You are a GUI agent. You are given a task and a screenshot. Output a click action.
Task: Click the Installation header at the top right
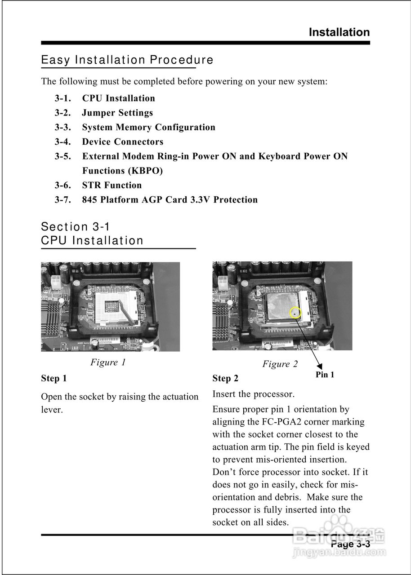click(x=339, y=32)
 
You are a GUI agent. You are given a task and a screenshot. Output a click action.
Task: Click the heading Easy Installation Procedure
click(x=127, y=60)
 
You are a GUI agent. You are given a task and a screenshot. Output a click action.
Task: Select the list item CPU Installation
click(x=118, y=98)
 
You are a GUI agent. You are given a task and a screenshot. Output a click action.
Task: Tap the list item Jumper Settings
click(x=117, y=113)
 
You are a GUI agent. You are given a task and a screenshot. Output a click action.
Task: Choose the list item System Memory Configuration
click(x=148, y=127)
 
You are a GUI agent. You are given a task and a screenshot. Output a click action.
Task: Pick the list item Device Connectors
click(x=122, y=142)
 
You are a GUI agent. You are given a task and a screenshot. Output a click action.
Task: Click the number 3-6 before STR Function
click(x=63, y=185)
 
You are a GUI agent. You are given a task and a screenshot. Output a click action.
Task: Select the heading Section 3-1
click(x=76, y=227)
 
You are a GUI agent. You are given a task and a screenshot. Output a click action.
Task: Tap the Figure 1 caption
click(x=108, y=362)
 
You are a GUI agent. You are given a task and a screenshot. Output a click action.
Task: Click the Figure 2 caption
click(x=280, y=364)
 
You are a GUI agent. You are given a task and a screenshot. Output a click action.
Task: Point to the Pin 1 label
click(x=325, y=375)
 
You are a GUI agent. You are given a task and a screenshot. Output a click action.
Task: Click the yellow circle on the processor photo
click(x=295, y=312)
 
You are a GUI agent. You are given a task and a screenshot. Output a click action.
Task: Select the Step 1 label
click(x=54, y=378)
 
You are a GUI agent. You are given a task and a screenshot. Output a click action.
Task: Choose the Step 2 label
click(x=225, y=379)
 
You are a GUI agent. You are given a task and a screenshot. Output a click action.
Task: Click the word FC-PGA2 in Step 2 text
click(x=277, y=422)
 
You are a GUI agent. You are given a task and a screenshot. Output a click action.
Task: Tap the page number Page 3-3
click(x=350, y=544)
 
